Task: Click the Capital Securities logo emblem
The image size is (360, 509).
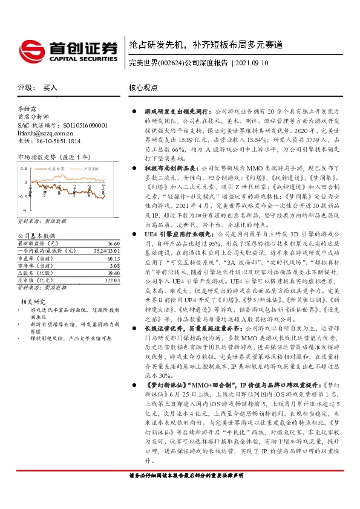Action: [31, 48]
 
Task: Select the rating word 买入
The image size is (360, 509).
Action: [50, 88]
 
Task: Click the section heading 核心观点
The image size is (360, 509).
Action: [143, 88]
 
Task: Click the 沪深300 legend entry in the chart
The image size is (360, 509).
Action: [90, 169]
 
